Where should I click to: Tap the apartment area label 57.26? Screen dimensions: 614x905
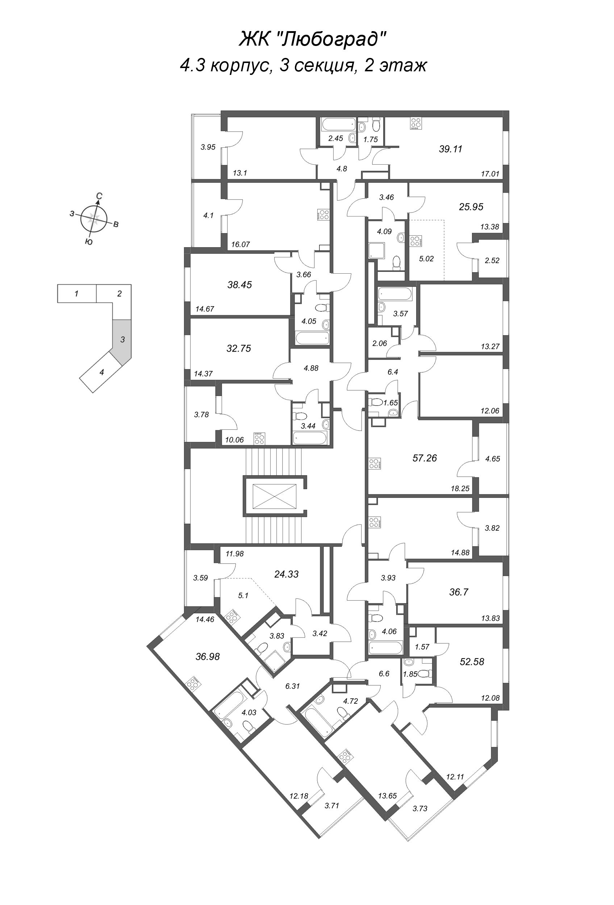tap(424, 458)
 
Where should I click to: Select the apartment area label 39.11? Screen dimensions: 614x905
tap(450, 149)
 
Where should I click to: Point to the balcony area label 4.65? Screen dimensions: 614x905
tap(492, 459)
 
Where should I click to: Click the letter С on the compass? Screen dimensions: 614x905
tap(99, 196)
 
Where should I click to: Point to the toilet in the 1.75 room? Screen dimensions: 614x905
tap(376, 125)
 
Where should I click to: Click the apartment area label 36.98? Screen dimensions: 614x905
tap(208, 657)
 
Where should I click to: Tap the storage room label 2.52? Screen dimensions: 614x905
tap(492, 261)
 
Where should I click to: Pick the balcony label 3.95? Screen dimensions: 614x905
tap(208, 147)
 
